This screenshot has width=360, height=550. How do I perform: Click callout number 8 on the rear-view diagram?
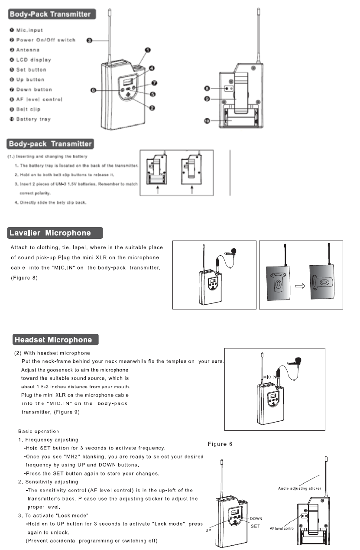point(208,88)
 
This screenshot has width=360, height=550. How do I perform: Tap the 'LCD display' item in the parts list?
point(33,60)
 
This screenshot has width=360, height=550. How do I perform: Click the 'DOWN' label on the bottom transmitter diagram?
point(256,518)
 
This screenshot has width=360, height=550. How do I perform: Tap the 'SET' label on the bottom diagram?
point(256,526)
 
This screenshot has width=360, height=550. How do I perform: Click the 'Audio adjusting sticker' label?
point(299,488)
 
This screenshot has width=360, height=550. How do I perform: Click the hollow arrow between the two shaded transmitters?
point(299,286)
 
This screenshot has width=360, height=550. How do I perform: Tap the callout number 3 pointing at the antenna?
point(89,40)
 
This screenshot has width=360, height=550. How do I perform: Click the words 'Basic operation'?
point(39,431)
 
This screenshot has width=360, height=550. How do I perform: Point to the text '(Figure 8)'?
point(24,277)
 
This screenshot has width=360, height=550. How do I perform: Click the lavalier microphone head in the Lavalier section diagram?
point(234,251)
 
